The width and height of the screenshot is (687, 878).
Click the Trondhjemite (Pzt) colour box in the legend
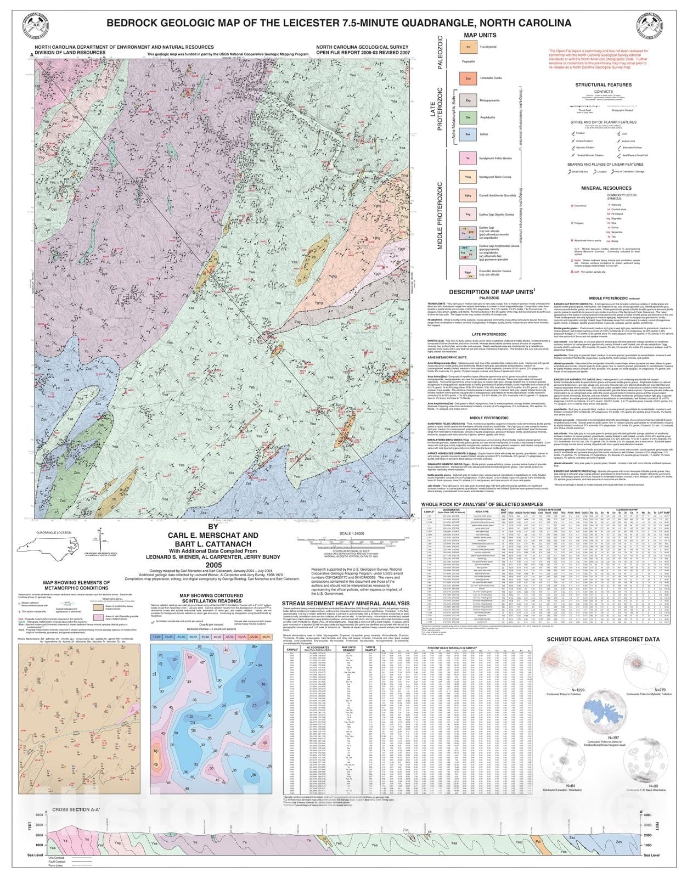coord(468,48)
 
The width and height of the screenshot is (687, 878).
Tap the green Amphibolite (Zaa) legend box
coord(468,117)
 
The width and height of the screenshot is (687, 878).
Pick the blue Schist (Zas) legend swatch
coord(468,134)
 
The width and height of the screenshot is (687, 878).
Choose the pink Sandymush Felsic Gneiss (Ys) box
coord(468,159)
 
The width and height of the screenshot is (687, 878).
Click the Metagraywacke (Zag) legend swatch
coord(468,101)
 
